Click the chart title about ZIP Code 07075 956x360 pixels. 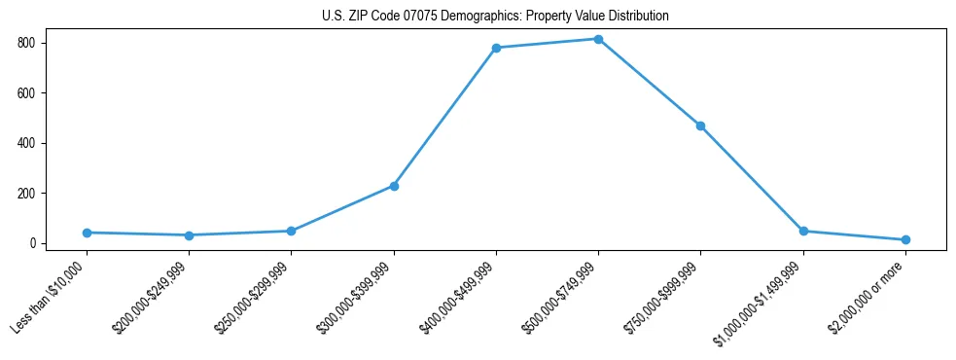495,17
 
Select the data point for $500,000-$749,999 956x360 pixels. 598,39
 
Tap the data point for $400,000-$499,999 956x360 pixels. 496,48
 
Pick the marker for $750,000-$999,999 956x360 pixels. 700,126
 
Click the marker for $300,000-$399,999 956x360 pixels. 394,186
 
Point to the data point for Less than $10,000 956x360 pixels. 87,233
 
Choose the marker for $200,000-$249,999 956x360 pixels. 189,235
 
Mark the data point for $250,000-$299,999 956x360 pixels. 291,231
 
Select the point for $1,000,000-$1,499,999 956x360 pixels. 803,231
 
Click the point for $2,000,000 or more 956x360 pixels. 905,239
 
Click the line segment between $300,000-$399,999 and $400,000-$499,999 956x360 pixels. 444,117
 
